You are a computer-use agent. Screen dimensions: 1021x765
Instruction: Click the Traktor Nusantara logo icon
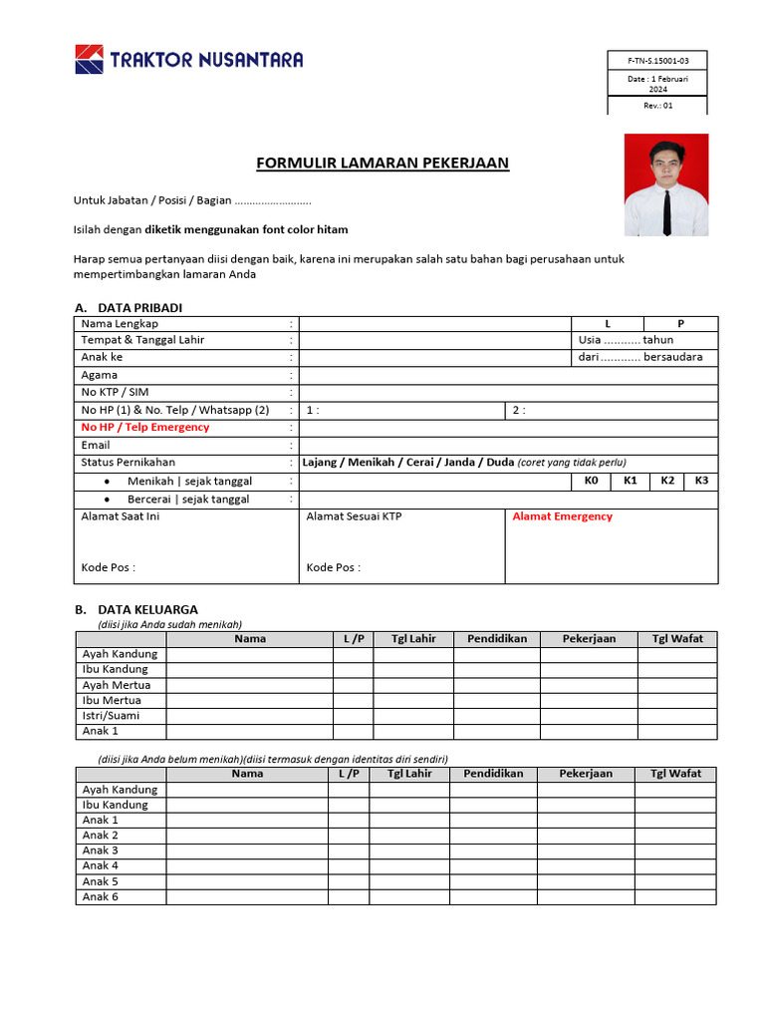tap(89, 59)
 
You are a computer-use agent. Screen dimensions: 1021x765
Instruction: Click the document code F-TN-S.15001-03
tap(658, 60)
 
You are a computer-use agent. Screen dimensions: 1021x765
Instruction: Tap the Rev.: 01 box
tap(658, 106)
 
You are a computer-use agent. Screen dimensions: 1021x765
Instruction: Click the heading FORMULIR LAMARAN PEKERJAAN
tap(382, 163)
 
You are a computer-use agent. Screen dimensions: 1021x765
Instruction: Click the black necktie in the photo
tap(666, 210)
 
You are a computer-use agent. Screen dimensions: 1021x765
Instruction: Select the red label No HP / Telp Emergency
tap(145, 427)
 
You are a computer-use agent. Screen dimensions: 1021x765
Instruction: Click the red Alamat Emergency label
tap(563, 516)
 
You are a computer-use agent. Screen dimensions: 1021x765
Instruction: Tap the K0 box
tap(591, 481)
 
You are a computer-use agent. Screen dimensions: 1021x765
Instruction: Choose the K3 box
tap(701, 481)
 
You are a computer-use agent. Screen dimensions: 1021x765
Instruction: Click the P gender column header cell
tap(681, 324)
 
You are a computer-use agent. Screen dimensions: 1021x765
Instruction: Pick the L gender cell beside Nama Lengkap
tap(608, 324)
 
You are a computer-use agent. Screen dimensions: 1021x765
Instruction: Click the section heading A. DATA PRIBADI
tap(128, 307)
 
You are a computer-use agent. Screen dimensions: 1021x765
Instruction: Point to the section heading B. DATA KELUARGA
tap(136, 609)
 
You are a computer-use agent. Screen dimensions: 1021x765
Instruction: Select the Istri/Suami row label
tap(111, 716)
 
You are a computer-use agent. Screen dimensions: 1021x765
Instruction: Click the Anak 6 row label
tap(101, 896)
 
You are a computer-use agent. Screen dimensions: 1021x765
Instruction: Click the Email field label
tap(96, 445)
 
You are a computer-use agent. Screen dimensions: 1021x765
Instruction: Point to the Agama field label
tap(100, 375)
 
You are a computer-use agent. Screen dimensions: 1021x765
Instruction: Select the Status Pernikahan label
tap(127, 463)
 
